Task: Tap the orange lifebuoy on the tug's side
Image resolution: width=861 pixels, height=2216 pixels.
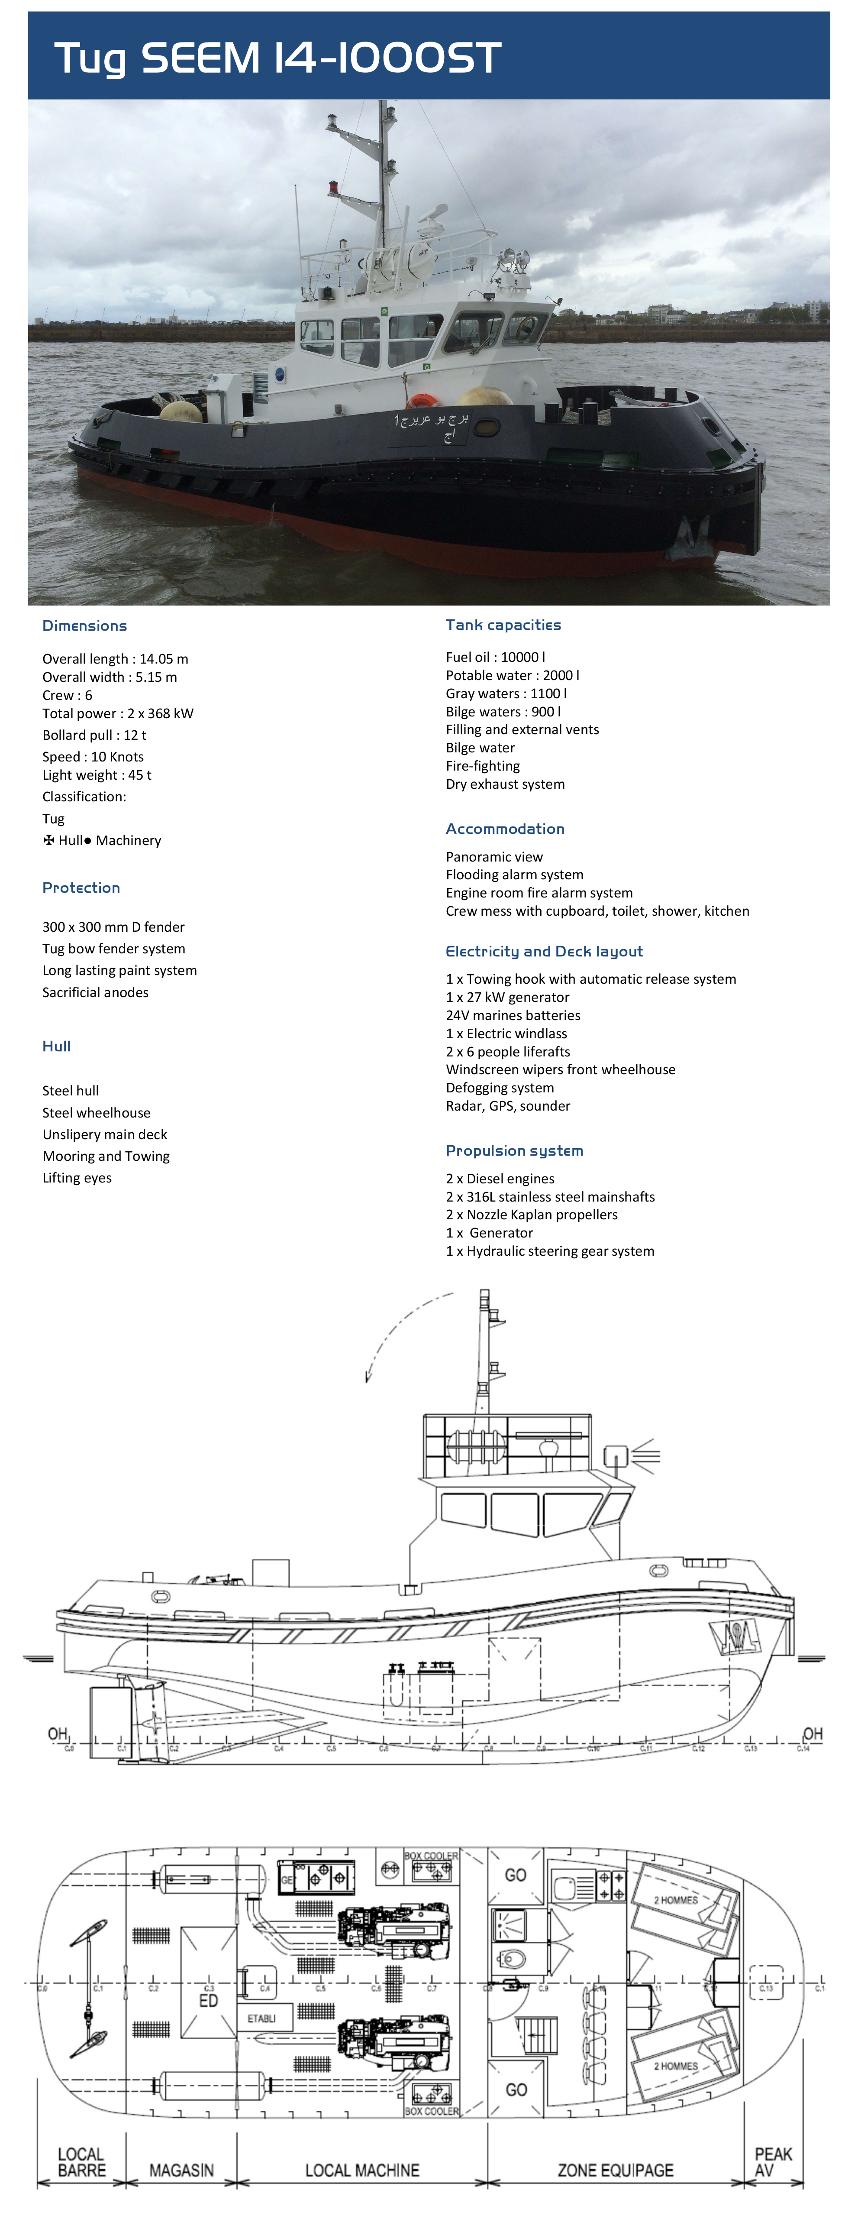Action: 422,401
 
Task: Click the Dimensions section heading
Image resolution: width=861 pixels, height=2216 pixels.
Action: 84,625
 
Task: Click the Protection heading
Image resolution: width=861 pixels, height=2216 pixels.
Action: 81,887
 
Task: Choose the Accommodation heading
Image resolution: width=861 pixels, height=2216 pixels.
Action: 505,829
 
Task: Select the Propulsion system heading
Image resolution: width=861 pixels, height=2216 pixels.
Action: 513,1150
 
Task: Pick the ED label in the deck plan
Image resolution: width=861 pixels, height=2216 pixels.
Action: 208,2000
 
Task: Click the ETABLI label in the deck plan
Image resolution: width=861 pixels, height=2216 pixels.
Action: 261,2018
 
